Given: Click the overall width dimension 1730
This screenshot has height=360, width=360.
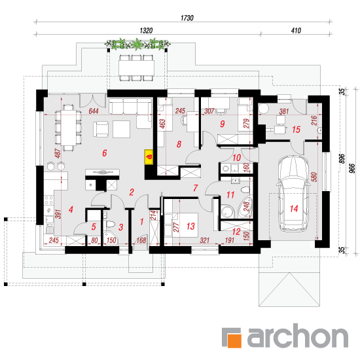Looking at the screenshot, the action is pyautogui.click(x=187, y=18).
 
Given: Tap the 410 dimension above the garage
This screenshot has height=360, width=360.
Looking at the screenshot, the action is pyautogui.click(x=296, y=31).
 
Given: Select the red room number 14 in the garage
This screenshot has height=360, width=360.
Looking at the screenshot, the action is pyautogui.click(x=294, y=208).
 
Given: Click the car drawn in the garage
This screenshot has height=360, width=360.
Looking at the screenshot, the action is pyautogui.click(x=293, y=194).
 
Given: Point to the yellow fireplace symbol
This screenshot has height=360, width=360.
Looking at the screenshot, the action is pyautogui.click(x=149, y=157).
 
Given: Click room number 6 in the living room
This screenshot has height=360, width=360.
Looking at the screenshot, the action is pyautogui.click(x=105, y=153).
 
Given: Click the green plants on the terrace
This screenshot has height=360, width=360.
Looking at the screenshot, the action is pyautogui.click(x=137, y=45).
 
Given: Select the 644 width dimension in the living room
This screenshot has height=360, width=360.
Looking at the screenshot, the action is pyautogui.click(x=94, y=111).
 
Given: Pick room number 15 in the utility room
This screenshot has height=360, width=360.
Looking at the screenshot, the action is pyautogui.click(x=296, y=130).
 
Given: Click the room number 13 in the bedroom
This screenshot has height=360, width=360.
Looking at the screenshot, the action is pyautogui.click(x=190, y=226).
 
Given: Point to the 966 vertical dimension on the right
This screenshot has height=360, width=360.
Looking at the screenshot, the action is pyautogui.click(x=353, y=168).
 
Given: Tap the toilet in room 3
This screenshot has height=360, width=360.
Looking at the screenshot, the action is pyautogui.click(x=111, y=224).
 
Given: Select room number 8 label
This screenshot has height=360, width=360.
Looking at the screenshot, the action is pyautogui.click(x=179, y=144).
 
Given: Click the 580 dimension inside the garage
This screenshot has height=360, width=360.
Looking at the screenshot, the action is pyautogui.click(x=314, y=177).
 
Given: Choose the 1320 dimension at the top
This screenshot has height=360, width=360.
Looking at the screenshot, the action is pyautogui.click(x=146, y=31).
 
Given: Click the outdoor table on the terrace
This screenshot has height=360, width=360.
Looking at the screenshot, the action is pyautogui.click(x=136, y=68).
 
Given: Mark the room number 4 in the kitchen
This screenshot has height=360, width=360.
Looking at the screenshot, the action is pyautogui.click(x=71, y=209).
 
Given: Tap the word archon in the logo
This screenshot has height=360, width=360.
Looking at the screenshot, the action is pyautogui.click(x=298, y=336).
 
